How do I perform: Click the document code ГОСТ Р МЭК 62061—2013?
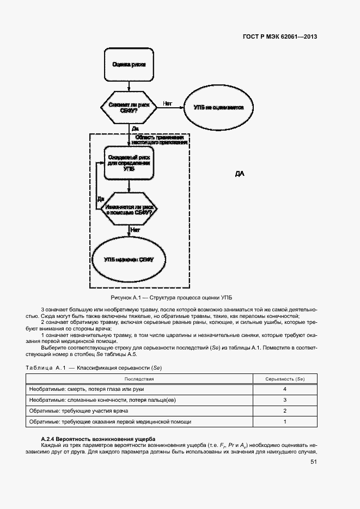tap(279, 37)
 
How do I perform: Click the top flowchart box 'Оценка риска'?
tap(129, 64)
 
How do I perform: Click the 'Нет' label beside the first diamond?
tap(167, 103)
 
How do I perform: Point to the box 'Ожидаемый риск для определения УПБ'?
tap(129, 163)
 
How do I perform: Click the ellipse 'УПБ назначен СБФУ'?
tap(129, 260)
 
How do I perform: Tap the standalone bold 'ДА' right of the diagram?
tap(240, 174)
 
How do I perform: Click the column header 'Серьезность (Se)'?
tap(284, 378)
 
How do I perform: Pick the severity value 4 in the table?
tap(285, 390)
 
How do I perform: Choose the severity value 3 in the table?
tap(285, 400)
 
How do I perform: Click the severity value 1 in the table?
tap(285, 422)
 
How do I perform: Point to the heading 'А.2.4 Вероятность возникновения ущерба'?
tap(99, 439)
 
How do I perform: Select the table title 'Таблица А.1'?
tap(46, 367)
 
